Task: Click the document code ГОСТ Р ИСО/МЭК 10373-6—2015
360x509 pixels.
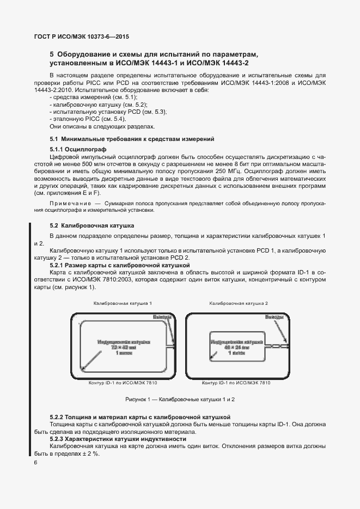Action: tap(78, 37)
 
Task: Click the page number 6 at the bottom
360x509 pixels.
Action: tap(36, 462)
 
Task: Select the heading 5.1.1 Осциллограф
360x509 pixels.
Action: tap(77, 149)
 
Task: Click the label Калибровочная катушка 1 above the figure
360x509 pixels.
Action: tap(123, 302)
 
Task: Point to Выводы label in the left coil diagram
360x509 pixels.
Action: tap(164, 317)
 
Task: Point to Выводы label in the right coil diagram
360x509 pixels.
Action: tap(274, 317)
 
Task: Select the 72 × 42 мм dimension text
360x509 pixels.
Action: tap(123, 347)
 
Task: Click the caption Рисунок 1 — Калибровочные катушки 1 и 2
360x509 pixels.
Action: tap(180, 399)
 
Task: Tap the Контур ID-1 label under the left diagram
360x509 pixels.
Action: tap(123, 383)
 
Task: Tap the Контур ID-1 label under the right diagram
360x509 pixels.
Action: tap(236, 383)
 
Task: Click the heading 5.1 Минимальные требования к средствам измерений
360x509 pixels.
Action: tap(132, 139)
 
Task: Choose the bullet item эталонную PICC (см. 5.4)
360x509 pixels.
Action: tap(88, 119)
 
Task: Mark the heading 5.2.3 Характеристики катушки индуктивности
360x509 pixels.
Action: tap(118, 438)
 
